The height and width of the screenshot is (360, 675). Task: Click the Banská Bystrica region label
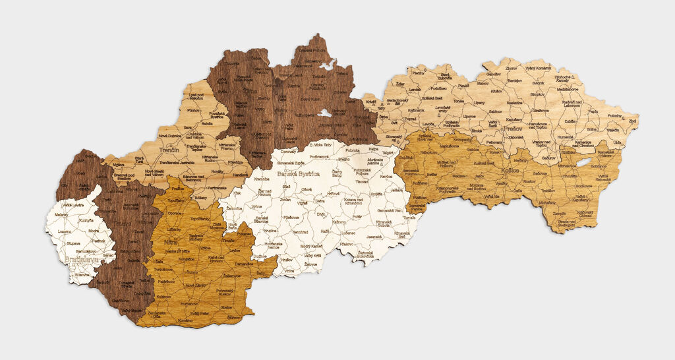[x=298, y=174]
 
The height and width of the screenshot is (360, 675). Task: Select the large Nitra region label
[x=171, y=243]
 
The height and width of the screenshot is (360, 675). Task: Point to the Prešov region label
[x=514, y=129]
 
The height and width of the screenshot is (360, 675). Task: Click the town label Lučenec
[x=348, y=233]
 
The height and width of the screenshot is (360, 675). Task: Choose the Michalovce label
[x=567, y=166]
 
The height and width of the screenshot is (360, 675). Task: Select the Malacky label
[x=61, y=215]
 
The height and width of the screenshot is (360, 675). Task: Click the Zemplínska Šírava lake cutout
[x=583, y=162]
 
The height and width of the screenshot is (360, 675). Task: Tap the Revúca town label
[x=386, y=177]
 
